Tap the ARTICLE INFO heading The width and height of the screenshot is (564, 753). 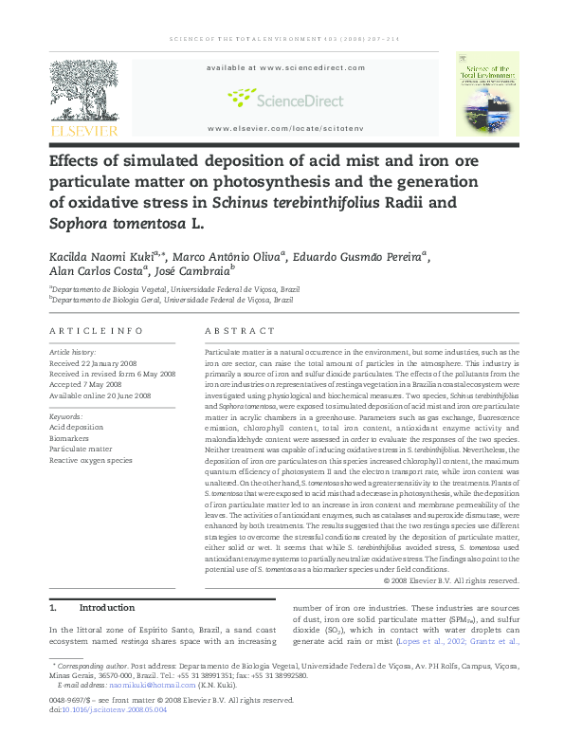(96, 330)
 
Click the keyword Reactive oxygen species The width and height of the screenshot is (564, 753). (91, 460)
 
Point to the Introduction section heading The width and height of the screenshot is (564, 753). (105, 607)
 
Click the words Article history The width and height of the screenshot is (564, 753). (75, 352)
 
